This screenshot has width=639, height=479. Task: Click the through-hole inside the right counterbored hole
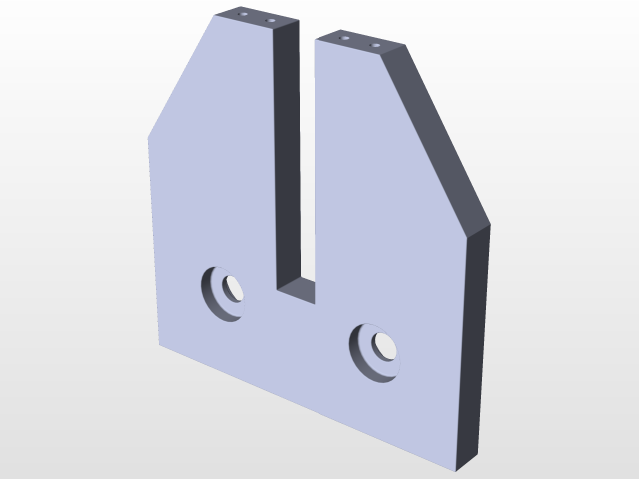[x=382, y=346]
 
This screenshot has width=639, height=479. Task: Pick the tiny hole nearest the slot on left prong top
[x=269, y=20]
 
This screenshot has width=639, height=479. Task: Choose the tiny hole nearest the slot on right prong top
[x=345, y=38]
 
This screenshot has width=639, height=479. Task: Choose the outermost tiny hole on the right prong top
[x=376, y=44]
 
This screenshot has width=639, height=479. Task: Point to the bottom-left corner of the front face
[x=159, y=345]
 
